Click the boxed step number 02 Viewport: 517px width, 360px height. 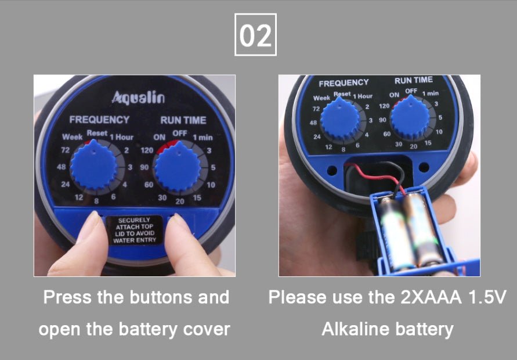point(255,35)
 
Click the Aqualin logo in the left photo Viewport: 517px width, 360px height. point(138,97)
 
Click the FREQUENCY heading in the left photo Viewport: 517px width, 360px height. point(99,120)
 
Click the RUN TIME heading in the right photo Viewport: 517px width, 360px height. point(413,80)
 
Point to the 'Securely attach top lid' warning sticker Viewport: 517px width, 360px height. point(135,231)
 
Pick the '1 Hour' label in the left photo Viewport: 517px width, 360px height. point(122,138)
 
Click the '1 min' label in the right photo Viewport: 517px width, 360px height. point(430,93)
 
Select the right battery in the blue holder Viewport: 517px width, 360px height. point(424,229)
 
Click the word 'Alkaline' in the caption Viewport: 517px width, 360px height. point(355,329)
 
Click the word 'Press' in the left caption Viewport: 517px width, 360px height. point(68,297)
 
